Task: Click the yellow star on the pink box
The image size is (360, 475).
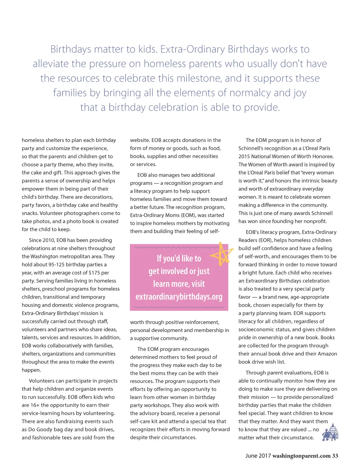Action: pyautogui.click(x=222, y=254)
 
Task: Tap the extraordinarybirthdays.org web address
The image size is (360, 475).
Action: pyautogui.click(x=179, y=297)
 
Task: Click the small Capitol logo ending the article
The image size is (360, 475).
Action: pyautogui.click(x=330, y=432)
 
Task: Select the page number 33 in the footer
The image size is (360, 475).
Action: pyautogui.click(x=335, y=456)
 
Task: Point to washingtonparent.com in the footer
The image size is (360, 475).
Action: pyautogui.click(x=301, y=456)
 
